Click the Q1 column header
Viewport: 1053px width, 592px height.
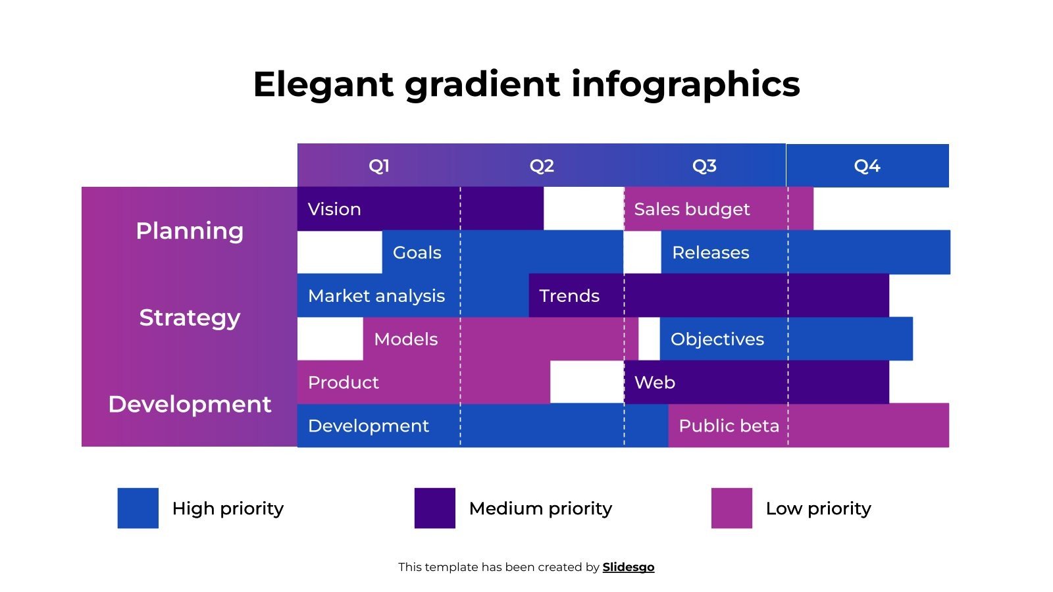point(379,166)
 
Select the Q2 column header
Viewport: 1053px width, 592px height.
point(542,166)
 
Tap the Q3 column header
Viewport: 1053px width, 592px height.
point(704,166)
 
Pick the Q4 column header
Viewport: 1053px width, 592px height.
point(867,166)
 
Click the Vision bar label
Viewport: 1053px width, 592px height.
point(334,209)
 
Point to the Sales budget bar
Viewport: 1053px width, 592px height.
point(692,209)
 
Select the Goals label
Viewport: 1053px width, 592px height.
point(417,253)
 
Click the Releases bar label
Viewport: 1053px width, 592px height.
point(710,253)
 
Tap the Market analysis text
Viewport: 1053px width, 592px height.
point(376,296)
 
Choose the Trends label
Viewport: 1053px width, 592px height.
point(569,296)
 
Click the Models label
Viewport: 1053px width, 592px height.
point(405,339)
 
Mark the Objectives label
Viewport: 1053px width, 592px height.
point(717,339)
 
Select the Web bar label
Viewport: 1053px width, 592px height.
point(654,383)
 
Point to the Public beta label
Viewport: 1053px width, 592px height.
point(729,426)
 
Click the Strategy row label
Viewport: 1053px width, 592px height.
point(190,318)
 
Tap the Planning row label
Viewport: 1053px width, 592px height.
point(190,231)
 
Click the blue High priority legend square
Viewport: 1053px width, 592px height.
point(138,508)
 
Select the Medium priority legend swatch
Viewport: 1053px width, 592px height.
point(434,508)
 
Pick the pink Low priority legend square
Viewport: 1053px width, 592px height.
point(731,508)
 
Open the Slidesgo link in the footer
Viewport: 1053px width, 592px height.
point(628,567)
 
